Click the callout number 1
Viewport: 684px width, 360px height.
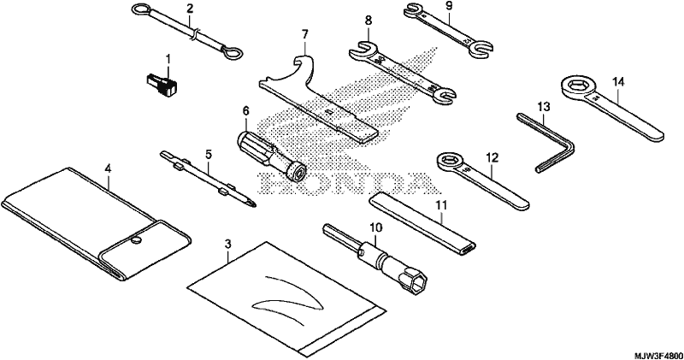click(168, 58)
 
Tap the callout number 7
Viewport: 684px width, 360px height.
click(304, 33)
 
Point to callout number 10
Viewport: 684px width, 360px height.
click(375, 227)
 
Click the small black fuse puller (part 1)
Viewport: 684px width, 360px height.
click(162, 84)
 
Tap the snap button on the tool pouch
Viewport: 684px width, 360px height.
click(138, 239)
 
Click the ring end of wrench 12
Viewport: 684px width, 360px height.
click(451, 162)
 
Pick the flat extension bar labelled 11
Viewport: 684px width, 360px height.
click(422, 225)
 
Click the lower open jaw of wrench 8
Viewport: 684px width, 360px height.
click(445, 95)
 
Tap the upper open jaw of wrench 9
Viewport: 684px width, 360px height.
click(413, 9)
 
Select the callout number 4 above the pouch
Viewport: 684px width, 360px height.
click(108, 168)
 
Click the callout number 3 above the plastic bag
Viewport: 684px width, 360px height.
click(227, 245)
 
